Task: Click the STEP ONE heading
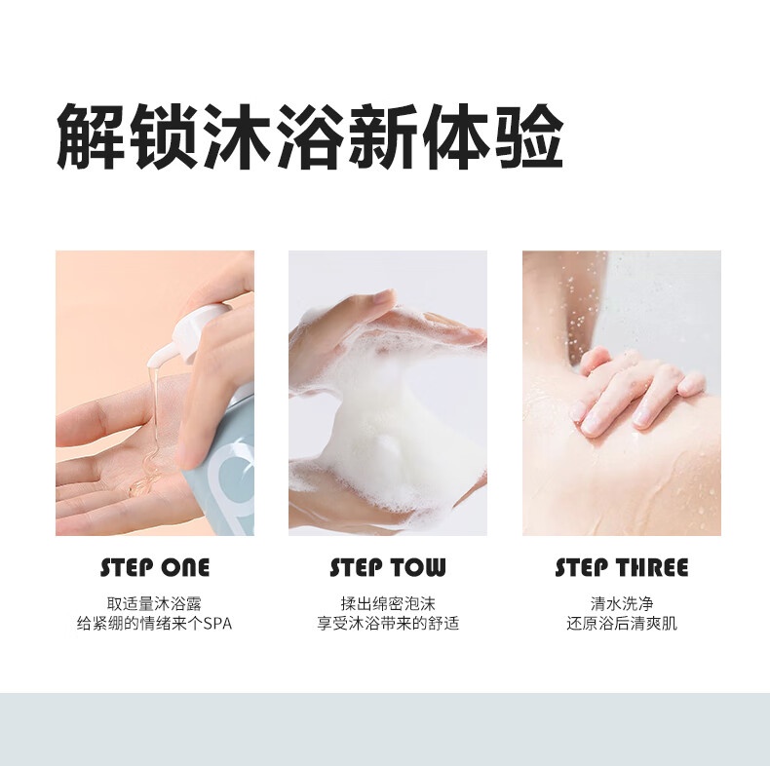pyautogui.click(x=155, y=567)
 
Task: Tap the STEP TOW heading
pyautogui.click(x=388, y=567)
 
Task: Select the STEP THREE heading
pyautogui.click(x=621, y=567)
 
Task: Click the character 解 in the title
pyautogui.click(x=91, y=136)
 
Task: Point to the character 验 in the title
pyautogui.click(x=528, y=136)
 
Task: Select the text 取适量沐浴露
pyautogui.click(x=154, y=603)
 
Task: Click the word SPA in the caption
pyautogui.click(x=217, y=624)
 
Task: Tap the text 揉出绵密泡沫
pyautogui.click(x=388, y=603)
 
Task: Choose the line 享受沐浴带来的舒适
pyautogui.click(x=388, y=624)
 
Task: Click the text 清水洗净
pyautogui.click(x=622, y=603)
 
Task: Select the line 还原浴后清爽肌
pyautogui.click(x=622, y=624)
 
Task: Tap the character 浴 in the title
pyautogui.click(x=310, y=136)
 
